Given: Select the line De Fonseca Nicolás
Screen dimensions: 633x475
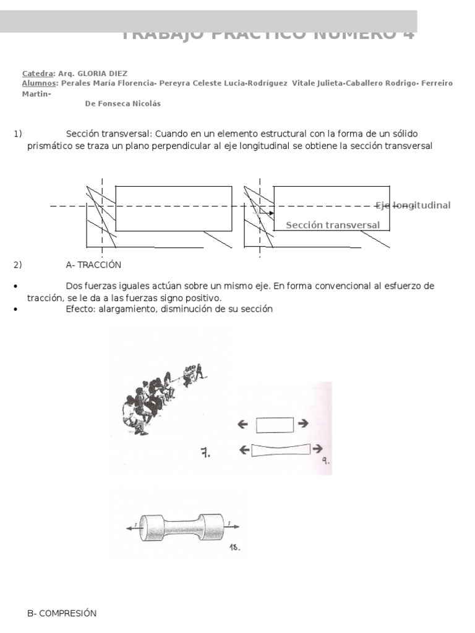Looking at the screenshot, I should pyautogui.click(x=122, y=104).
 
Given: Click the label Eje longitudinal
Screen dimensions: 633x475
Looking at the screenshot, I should pyautogui.click(x=413, y=205).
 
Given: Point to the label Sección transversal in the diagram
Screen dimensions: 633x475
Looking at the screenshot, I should pyautogui.click(x=333, y=225).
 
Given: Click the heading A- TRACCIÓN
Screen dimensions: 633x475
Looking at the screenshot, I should pyautogui.click(x=93, y=265).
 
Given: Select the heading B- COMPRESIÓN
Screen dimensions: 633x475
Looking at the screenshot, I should pyautogui.click(x=62, y=613).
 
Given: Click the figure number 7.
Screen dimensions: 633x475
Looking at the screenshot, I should pyautogui.click(x=205, y=453).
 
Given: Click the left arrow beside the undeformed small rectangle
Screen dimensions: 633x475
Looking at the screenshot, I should pyautogui.click(x=242, y=424).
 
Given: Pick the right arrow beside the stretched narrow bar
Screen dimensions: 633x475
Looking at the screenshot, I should pyautogui.click(x=317, y=449).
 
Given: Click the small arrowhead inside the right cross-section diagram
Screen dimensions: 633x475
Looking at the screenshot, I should pyautogui.click(x=270, y=213).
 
